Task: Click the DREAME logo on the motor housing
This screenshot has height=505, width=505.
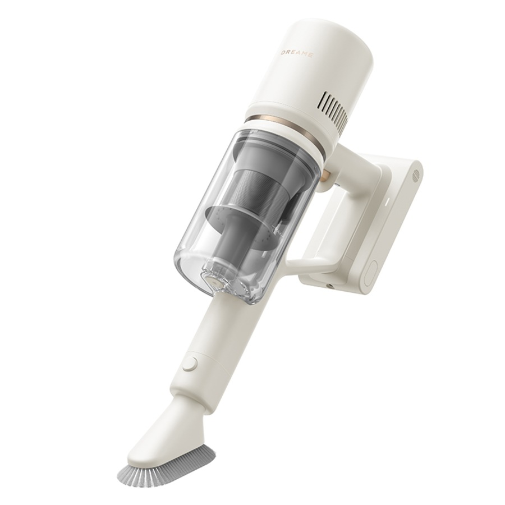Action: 297,54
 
